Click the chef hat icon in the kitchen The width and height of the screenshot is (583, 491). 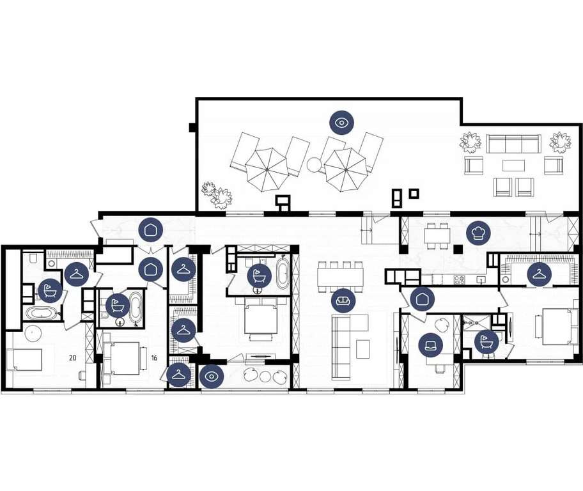(x=478, y=233)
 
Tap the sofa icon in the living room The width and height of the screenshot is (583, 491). (x=343, y=300)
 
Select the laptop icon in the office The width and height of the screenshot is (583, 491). (x=431, y=346)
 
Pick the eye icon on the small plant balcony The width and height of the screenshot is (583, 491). (x=212, y=377)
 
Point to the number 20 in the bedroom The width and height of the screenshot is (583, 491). (x=72, y=358)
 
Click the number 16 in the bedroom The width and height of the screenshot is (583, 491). (x=154, y=358)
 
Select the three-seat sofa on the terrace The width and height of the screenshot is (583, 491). (x=513, y=144)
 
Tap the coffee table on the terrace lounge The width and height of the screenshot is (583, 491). (x=513, y=165)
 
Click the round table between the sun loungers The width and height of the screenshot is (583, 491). (x=314, y=164)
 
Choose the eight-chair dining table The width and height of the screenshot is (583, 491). (x=340, y=277)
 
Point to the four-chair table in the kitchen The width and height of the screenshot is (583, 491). (x=437, y=236)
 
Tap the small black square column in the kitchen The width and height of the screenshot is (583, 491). (x=458, y=249)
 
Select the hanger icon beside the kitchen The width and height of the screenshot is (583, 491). (x=539, y=274)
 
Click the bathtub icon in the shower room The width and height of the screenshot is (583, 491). (x=486, y=341)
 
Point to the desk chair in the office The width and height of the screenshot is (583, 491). (x=440, y=368)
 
